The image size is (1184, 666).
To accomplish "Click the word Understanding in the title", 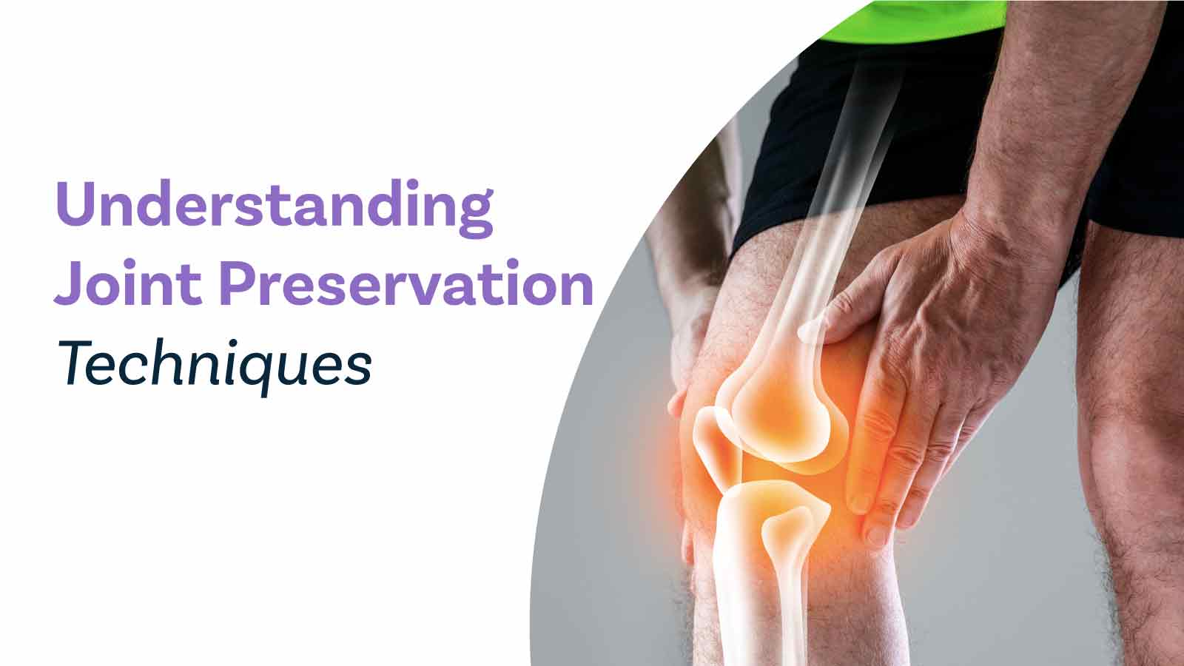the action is pyautogui.click(x=275, y=208).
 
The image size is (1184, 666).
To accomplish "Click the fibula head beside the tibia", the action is pyautogui.click(x=791, y=528).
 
